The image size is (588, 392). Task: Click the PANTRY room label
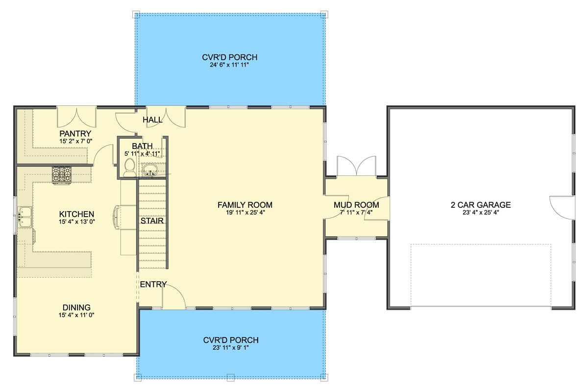click(x=75, y=133)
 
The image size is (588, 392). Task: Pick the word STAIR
click(x=152, y=221)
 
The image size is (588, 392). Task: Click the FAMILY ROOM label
click(x=245, y=205)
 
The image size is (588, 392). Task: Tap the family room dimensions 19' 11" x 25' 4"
click(x=245, y=213)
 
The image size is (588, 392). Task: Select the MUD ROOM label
click(x=356, y=205)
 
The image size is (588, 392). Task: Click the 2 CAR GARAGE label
click(x=481, y=205)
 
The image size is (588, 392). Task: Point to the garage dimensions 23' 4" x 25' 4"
click(x=481, y=213)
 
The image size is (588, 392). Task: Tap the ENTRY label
click(x=153, y=285)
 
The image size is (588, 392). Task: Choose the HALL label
click(x=152, y=120)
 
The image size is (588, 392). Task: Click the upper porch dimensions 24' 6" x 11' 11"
click(x=229, y=65)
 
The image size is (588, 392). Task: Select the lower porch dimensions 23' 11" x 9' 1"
click(x=231, y=348)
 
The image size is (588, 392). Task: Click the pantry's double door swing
click(x=76, y=117)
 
